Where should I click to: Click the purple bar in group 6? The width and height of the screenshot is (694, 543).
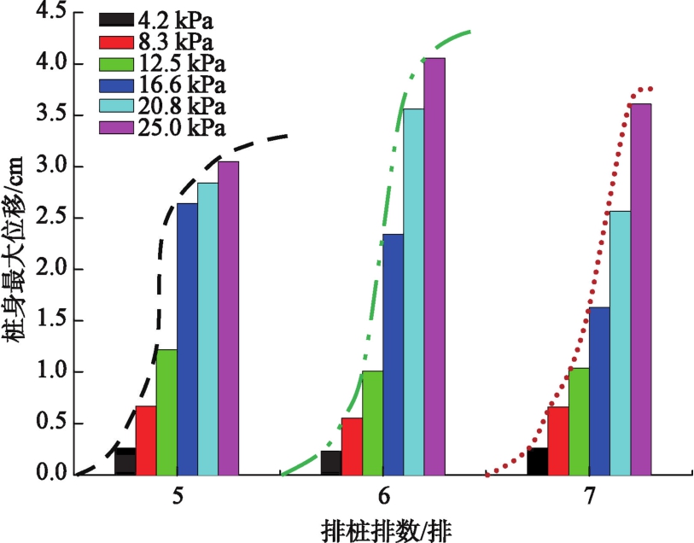tap(434, 266)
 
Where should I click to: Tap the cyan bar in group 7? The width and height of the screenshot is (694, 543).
tap(621, 342)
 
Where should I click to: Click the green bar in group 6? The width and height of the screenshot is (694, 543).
tap(372, 422)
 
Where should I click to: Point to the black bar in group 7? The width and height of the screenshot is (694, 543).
tap(538, 461)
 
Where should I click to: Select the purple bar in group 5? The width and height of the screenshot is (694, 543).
tap(228, 317)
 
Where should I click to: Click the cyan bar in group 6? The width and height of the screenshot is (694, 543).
tap(414, 291)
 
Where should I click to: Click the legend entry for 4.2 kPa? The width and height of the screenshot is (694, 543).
tap(161, 19)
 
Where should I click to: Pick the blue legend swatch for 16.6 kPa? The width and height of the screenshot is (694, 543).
tap(114, 85)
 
